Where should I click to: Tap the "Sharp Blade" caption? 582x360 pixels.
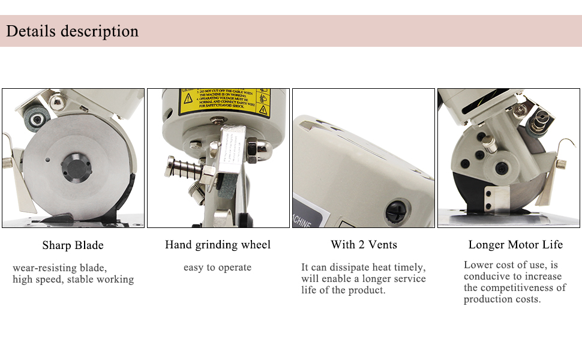pos(73,245)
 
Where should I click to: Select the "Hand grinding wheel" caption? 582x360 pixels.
pos(218,245)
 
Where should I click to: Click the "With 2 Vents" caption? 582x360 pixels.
pos(364,245)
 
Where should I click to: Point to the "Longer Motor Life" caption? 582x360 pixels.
pos(515,245)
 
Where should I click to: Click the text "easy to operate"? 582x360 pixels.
pos(217,268)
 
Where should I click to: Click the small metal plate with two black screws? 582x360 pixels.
pos(494,196)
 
